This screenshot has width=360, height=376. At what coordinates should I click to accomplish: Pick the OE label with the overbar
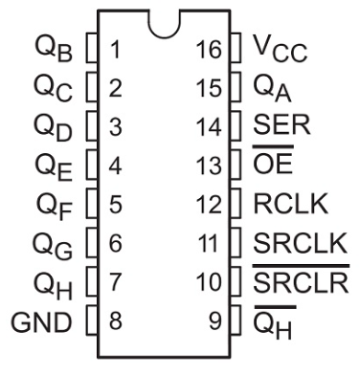click(266, 164)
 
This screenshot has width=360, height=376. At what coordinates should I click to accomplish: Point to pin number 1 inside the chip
click(112, 49)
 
